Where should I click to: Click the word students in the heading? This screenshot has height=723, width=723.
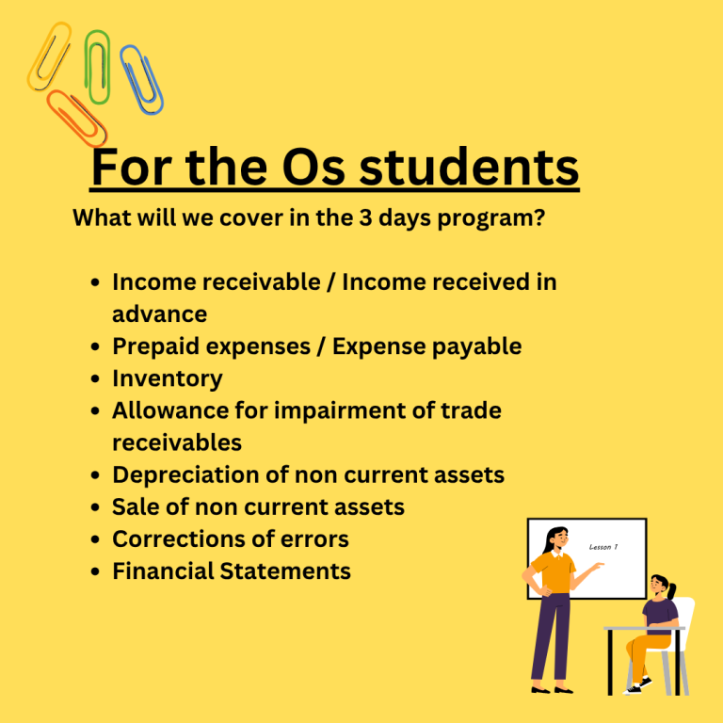pos(469,167)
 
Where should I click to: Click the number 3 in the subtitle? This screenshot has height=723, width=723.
pos(365,217)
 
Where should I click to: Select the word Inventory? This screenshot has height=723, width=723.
pos(168,378)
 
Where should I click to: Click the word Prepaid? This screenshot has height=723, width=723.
pos(155,346)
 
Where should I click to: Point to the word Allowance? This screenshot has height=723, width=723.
pos(170,410)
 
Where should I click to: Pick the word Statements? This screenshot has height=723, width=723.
pos(285,570)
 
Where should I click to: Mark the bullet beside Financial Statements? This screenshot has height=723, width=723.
pos(95,571)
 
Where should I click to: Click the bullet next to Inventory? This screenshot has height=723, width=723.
pos(95,379)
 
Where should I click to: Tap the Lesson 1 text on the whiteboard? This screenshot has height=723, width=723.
pos(603,547)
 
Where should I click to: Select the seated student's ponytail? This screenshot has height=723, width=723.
pos(672,590)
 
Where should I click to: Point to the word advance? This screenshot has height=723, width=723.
pos(159,314)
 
